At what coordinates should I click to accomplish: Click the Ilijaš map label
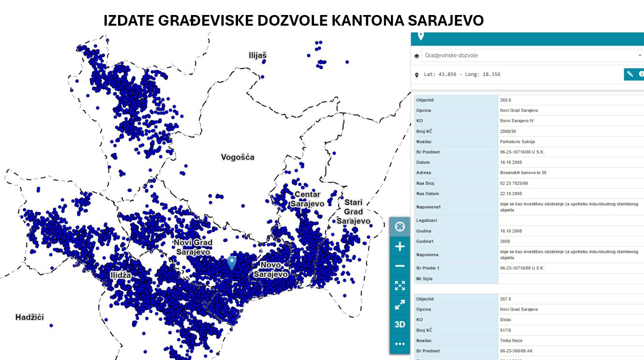[x=257, y=55]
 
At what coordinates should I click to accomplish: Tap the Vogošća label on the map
[x=238, y=157]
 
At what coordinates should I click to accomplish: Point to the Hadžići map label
[x=30, y=317]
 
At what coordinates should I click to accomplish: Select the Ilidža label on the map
[x=120, y=275]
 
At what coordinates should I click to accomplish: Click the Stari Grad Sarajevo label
[x=353, y=211]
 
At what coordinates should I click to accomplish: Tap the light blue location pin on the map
[x=232, y=263]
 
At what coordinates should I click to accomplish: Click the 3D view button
[x=400, y=324]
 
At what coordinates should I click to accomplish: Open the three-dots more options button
[x=400, y=344]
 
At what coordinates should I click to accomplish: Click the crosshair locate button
[x=400, y=226]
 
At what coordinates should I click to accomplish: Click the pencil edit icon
[x=630, y=74]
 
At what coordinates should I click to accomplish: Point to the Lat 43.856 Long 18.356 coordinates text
[x=462, y=75]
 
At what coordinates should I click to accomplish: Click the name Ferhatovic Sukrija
[x=517, y=142]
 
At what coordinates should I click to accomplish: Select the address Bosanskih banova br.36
[x=523, y=172]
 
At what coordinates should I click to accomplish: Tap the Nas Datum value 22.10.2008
[x=511, y=194]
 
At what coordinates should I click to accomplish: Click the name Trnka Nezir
[x=511, y=341]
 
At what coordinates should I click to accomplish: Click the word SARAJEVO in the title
[x=446, y=21]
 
